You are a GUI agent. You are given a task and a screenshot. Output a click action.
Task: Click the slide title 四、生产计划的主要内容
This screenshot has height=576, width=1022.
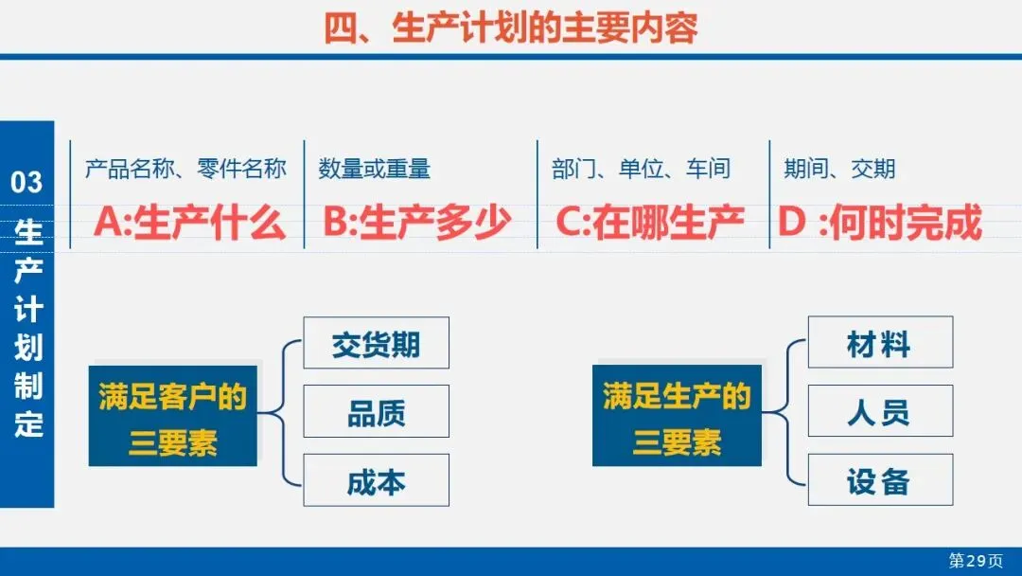click(511, 27)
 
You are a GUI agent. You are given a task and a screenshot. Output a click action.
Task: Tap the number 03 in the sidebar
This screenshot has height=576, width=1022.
click(27, 182)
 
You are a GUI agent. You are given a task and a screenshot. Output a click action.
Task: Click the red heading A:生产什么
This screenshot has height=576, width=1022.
click(189, 224)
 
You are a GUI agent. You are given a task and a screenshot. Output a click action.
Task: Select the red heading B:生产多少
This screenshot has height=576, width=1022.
click(417, 224)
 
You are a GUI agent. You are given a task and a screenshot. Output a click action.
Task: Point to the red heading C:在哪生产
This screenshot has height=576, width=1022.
click(649, 224)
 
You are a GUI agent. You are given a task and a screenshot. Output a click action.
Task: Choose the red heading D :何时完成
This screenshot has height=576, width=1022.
click(879, 224)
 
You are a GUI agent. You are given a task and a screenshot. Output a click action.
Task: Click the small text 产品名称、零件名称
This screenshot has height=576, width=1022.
click(185, 170)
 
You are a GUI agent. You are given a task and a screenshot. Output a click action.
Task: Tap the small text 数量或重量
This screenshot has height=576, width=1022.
click(375, 170)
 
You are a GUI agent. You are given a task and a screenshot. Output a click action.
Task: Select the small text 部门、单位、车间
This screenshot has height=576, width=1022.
click(642, 170)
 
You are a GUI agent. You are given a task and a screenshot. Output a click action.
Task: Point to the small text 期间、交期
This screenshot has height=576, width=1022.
click(839, 170)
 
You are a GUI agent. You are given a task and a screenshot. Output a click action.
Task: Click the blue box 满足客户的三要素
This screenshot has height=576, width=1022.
click(173, 416)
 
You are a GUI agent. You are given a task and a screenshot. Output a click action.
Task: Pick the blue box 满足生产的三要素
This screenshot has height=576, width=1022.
click(677, 416)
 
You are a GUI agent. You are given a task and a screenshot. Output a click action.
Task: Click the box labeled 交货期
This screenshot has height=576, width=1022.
click(376, 343)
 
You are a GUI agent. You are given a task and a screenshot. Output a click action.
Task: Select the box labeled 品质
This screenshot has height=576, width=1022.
click(376, 412)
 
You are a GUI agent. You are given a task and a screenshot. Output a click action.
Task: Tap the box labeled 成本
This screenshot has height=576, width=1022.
click(376, 481)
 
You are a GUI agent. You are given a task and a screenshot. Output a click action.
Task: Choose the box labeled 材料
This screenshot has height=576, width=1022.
click(879, 343)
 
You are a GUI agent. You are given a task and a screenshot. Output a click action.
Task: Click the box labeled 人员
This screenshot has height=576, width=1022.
click(879, 412)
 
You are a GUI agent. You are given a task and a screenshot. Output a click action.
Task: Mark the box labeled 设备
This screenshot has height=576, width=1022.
click(879, 481)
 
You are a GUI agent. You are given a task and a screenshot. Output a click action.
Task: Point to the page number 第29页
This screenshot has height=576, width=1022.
click(976, 561)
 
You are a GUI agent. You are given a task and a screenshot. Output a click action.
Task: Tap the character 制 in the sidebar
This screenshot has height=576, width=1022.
click(28, 387)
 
